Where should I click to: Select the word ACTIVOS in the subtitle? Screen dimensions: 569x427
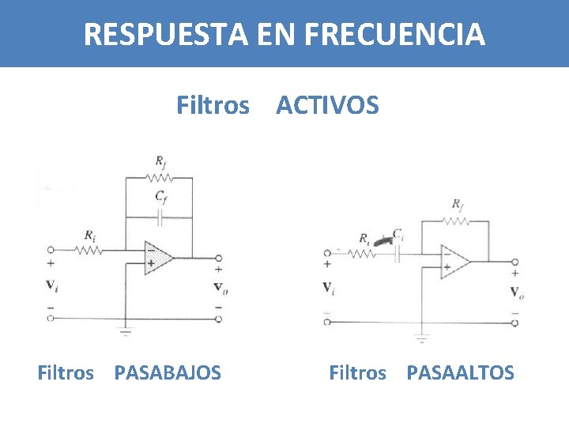point(327,104)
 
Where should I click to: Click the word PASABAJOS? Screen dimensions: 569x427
point(168,372)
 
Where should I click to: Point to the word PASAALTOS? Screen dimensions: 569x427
point(460,372)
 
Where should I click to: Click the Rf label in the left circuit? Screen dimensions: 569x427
point(160,163)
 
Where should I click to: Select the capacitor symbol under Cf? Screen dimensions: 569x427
point(160,216)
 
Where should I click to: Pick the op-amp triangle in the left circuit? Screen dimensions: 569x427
point(157,259)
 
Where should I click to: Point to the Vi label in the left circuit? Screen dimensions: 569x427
point(51,285)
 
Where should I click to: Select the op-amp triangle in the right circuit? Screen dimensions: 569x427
point(454,261)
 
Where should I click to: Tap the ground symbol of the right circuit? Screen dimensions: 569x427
point(420,339)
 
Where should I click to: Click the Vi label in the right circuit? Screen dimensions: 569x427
point(328,288)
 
